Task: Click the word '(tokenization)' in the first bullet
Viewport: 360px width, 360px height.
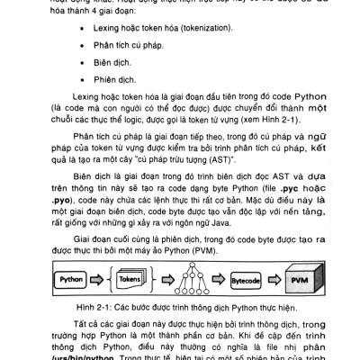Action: point(201,28)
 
